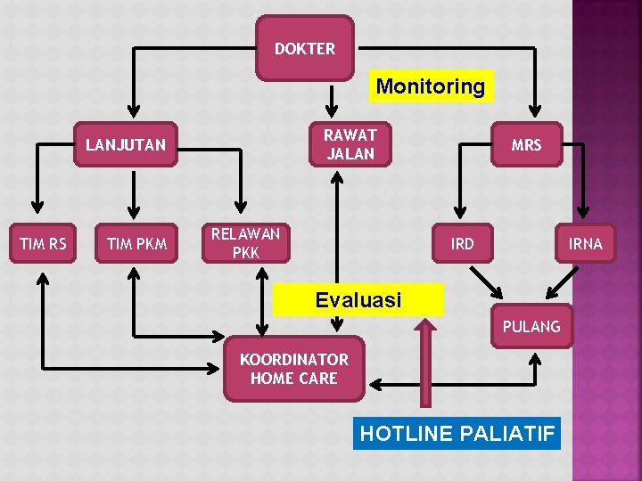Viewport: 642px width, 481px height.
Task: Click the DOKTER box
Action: point(305,48)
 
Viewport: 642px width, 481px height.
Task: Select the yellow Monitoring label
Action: point(431,86)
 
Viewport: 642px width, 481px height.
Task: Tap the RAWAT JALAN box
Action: point(350,144)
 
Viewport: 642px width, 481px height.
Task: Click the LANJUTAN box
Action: point(126,144)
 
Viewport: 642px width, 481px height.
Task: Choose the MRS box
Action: point(526,144)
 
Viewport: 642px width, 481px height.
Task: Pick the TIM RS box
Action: point(44,243)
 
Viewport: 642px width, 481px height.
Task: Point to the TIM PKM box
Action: point(136,243)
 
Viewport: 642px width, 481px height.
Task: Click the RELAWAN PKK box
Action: point(245,243)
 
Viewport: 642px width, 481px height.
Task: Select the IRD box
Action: point(462,243)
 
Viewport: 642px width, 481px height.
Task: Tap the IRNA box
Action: point(586,243)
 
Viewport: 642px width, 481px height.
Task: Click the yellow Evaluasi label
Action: point(358,300)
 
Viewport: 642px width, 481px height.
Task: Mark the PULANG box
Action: point(531,326)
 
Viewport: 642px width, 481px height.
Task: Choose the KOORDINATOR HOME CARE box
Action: point(294,369)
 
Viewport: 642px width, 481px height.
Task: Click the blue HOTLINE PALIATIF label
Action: point(457,434)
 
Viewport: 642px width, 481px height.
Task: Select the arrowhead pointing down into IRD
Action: point(461,212)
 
